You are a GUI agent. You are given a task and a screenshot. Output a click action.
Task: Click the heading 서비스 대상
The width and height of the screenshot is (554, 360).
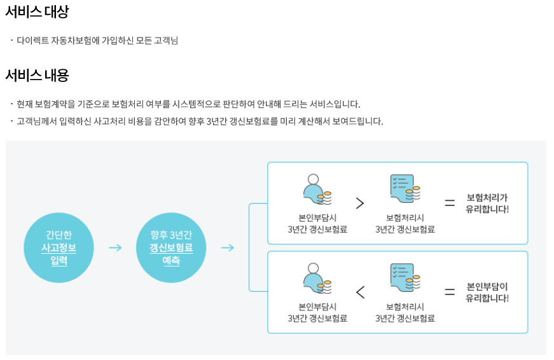[x=37, y=11]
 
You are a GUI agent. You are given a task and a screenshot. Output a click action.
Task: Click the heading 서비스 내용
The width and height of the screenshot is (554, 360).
[x=37, y=75]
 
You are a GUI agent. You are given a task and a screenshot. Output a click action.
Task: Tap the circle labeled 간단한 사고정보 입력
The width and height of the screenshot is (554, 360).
[x=59, y=247]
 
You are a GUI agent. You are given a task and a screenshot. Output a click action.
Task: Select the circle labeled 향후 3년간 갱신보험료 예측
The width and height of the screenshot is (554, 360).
[x=171, y=247]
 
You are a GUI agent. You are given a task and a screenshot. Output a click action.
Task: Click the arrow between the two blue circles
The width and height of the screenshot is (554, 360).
[x=115, y=247]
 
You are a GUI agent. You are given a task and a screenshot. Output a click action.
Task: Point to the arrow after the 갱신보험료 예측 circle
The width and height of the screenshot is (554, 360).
[x=228, y=247]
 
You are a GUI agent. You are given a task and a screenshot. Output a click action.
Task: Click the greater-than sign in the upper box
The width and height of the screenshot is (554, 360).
[x=360, y=203]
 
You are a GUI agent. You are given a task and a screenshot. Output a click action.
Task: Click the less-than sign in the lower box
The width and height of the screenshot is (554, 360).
[x=360, y=292]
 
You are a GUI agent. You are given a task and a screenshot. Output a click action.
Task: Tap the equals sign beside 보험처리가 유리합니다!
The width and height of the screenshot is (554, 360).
[x=450, y=203]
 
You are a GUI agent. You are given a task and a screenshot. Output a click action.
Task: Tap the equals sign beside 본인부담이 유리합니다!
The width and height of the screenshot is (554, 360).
[x=450, y=292]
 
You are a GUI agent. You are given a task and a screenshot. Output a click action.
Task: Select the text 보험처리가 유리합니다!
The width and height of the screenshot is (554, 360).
[x=487, y=203]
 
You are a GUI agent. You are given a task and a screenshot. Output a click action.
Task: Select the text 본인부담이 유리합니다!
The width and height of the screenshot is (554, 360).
[x=487, y=292]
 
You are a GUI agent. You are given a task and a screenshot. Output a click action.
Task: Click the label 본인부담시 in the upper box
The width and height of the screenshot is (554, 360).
[x=317, y=218]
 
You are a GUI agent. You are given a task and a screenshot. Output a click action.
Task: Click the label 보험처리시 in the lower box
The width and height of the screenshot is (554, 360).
[x=405, y=307]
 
